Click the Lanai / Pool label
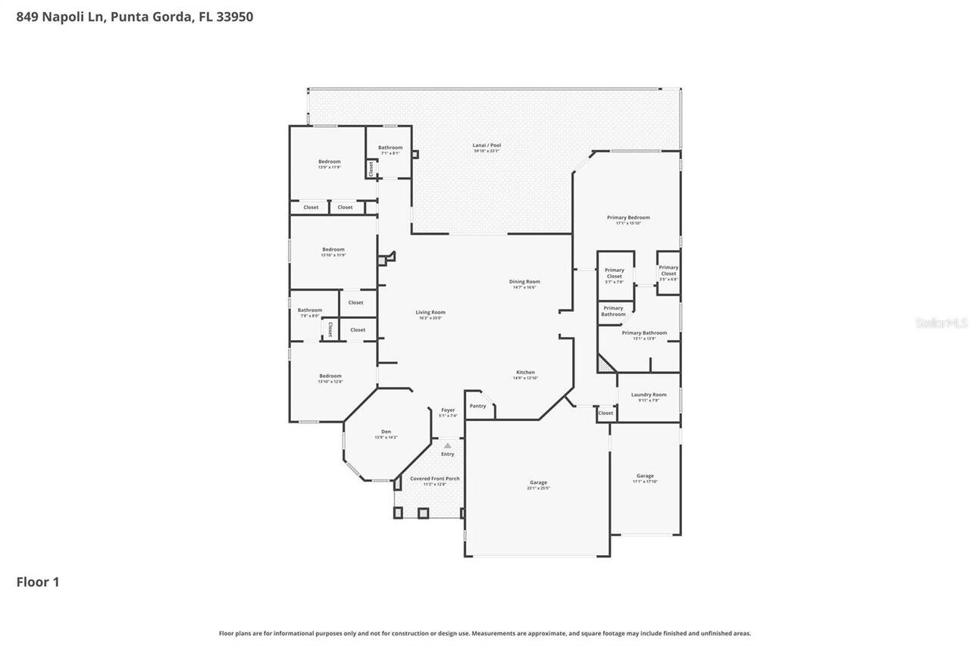(487, 145)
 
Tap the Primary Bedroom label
(628, 217)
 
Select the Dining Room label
(524, 282)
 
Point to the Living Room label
(430, 312)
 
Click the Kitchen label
(526, 373)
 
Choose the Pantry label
(477, 406)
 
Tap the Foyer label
(448, 410)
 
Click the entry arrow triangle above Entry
(448, 445)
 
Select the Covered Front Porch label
(434, 479)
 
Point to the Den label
(386, 432)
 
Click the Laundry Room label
(649, 395)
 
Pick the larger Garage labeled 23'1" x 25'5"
(538, 482)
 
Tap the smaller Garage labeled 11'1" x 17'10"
(645, 476)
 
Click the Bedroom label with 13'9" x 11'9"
(329, 161)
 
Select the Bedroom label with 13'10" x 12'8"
(330, 376)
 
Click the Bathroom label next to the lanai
(390, 148)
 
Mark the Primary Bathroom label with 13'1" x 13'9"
(644, 333)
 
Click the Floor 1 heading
(38, 582)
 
